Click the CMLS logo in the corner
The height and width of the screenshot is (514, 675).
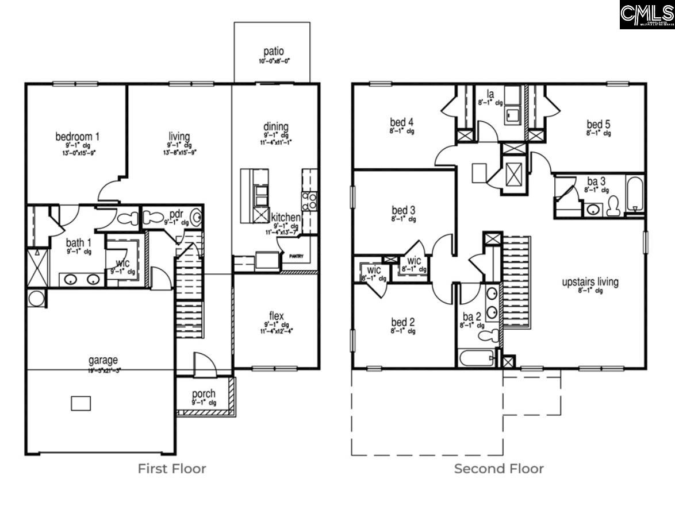point(646,14)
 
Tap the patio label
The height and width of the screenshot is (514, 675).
point(273,52)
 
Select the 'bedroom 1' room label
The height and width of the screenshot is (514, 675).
point(77,137)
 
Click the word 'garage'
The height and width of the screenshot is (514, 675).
point(103,360)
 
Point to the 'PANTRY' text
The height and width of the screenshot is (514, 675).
point(296,257)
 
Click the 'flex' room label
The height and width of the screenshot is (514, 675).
point(277,316)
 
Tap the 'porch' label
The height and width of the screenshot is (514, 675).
point(204,394)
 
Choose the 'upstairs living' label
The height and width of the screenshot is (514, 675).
point(590,282)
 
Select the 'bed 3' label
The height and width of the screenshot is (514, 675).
point(403,210)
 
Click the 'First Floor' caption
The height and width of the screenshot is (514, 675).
point(171,469)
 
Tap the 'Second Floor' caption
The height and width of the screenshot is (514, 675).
point(498,469)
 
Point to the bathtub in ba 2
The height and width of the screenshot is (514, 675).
point(477,358)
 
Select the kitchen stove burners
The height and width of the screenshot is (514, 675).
point(309,200)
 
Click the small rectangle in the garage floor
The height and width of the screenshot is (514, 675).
point(80,403)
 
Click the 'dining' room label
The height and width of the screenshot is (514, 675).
point(276,127)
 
